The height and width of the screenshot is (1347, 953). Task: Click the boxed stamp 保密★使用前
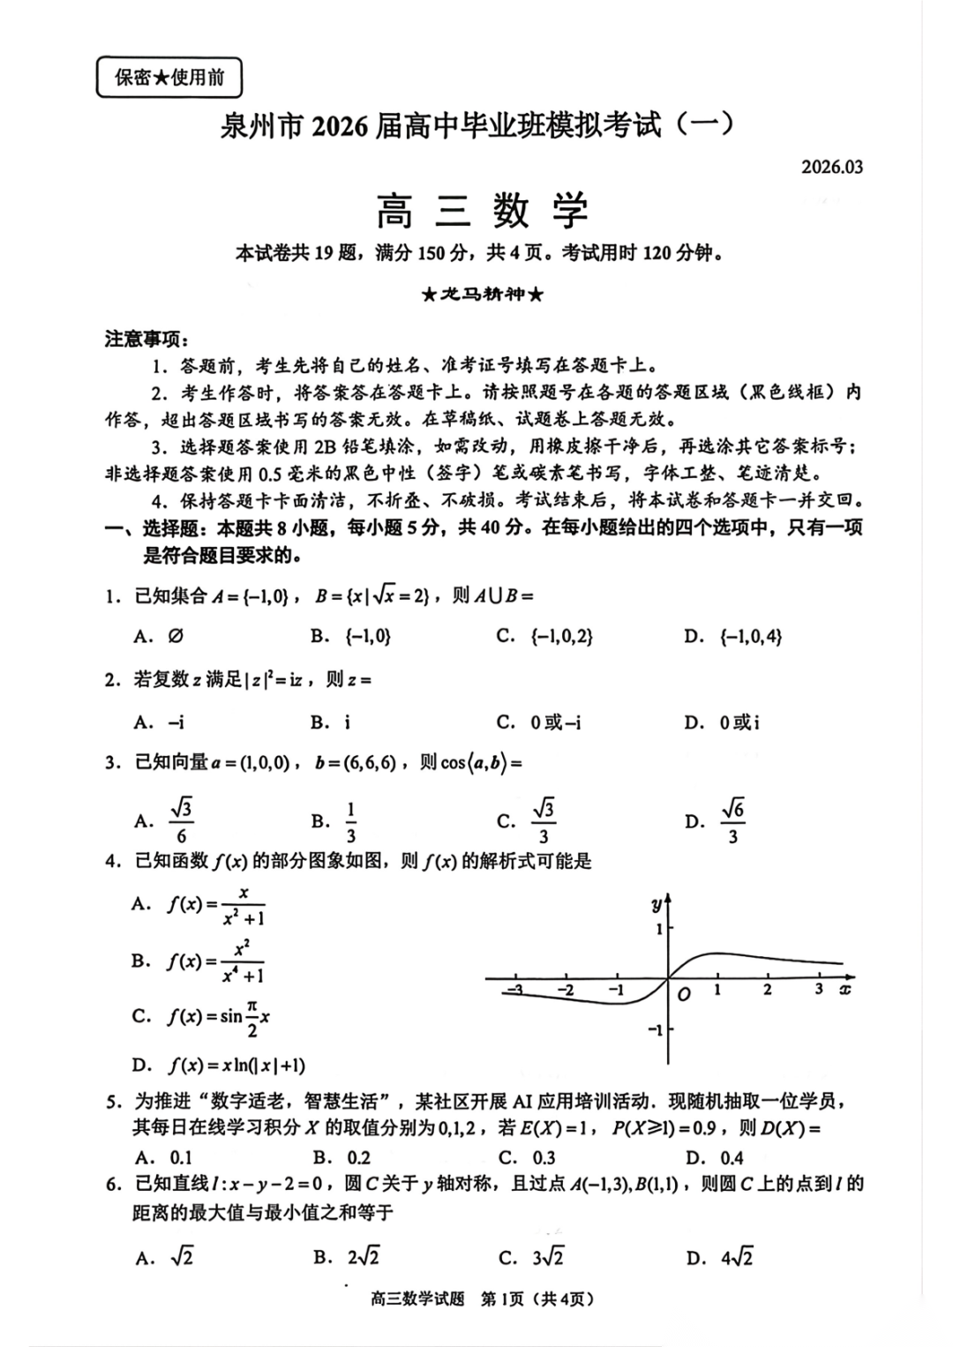169,78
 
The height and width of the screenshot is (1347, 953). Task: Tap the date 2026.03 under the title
831,167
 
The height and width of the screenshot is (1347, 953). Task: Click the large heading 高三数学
482,211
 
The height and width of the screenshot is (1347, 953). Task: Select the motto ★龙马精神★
482,294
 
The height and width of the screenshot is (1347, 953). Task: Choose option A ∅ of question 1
160,636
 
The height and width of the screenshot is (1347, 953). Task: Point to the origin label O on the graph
683,994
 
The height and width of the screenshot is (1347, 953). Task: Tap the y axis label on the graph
657,903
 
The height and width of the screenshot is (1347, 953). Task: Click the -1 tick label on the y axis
655,1029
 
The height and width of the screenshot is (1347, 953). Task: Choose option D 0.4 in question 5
716,1157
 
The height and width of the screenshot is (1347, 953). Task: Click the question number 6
113,1184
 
